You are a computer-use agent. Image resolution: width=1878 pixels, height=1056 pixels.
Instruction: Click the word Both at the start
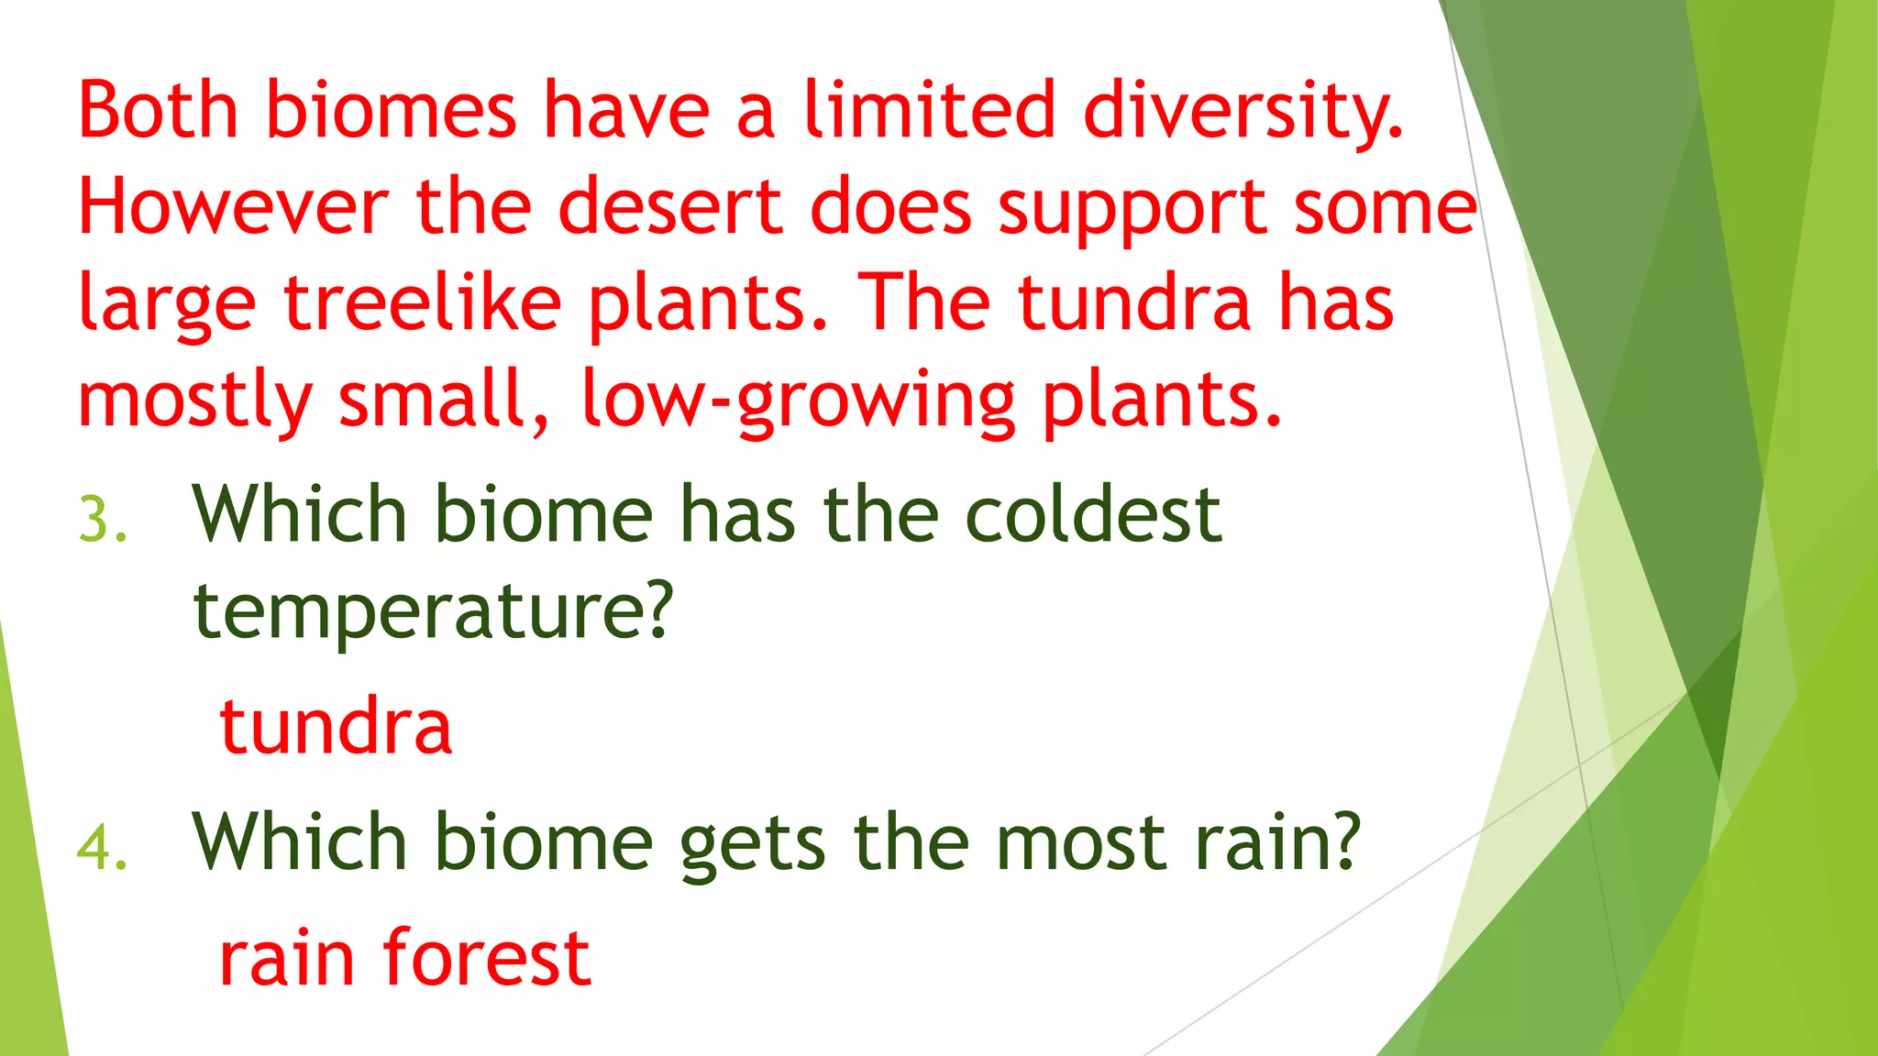(x=159, y=110)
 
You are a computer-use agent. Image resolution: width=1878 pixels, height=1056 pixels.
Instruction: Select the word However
(x=233, y=207)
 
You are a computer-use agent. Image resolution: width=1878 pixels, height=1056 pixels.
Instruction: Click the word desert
(x=669, y=207)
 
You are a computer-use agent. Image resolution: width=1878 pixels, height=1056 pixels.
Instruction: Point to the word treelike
(x=422, y=303)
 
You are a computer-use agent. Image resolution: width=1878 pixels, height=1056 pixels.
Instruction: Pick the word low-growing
(x=798, y=401)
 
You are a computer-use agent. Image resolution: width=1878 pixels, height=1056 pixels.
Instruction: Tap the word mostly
(x=195, y=401)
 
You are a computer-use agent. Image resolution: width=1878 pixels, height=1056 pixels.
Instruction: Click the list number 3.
(x=102, y=520)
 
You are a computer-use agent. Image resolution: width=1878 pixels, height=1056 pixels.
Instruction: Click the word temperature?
(x=433, y=612)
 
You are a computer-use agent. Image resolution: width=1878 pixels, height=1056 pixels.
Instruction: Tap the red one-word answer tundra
(x=336, y=726)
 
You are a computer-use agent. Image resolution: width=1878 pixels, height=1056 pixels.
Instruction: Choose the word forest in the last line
(x=486, y=958)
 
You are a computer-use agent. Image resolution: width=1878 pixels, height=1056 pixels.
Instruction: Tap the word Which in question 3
(x=299, y=515)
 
